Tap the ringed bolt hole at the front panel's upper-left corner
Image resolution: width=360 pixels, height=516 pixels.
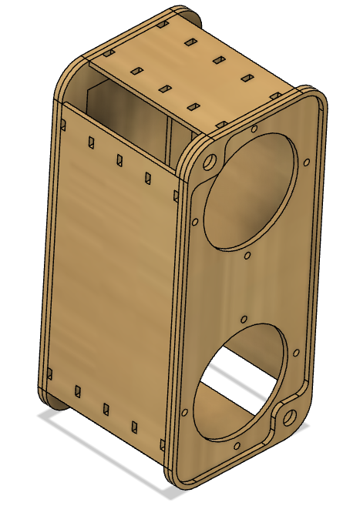pos(208,163)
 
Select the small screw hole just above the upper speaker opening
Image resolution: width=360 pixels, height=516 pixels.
pos(253,129)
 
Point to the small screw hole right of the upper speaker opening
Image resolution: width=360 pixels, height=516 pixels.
pos(308,163)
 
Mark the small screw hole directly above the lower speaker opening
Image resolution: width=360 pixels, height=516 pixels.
pos(244,318)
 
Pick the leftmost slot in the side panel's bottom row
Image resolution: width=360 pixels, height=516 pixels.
pos(51,374)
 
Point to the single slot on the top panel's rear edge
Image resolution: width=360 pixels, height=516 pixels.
pos(162,24)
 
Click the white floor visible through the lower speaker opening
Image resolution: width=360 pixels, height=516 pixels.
pos(231,362)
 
